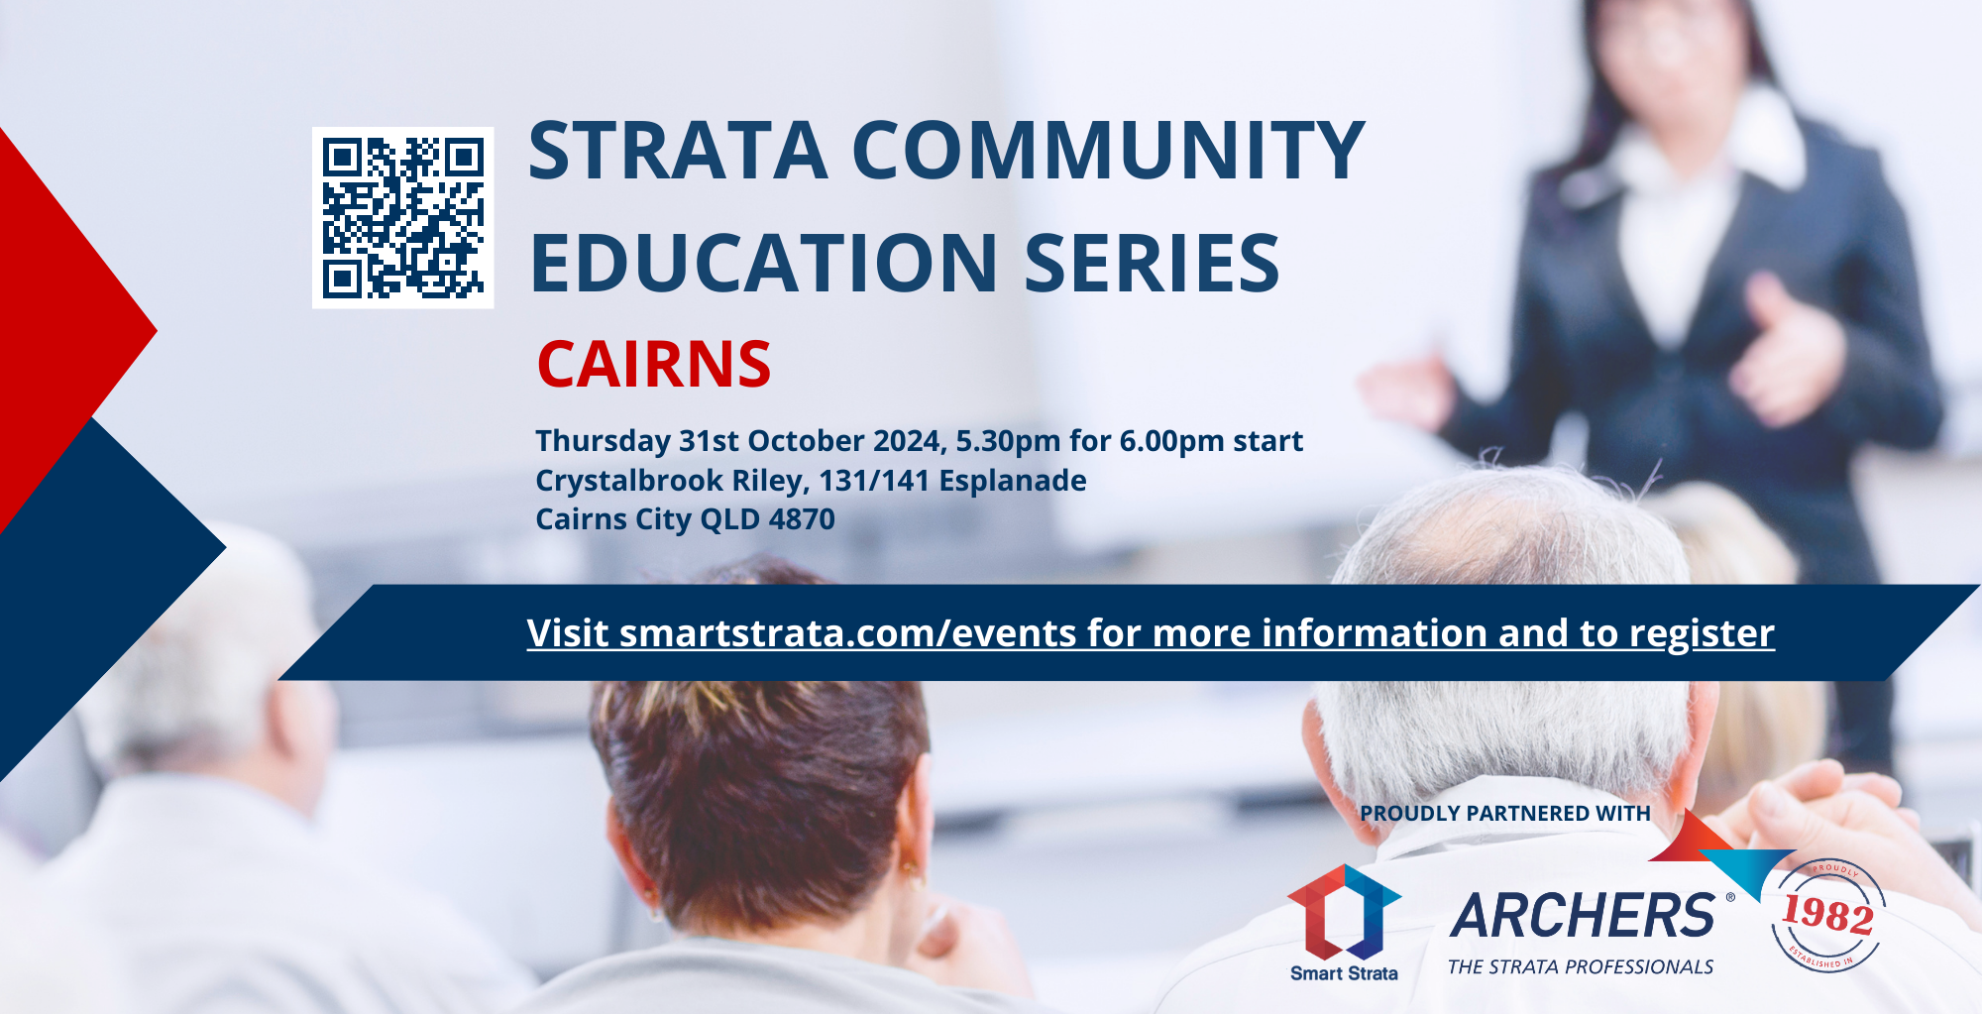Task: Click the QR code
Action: click(403, 217)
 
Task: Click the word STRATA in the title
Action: click(678, 151)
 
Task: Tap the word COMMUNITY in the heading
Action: click(1109, 151)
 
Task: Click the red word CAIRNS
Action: click(654, 365)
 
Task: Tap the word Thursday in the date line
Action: click(604, 441)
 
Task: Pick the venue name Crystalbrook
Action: click(629, 481)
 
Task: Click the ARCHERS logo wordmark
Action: click(1583, 915)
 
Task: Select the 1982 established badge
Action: click(1828, 915)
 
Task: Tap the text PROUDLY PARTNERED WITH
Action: click(1504, 814)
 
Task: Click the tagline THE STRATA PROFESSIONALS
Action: click(1581, 967)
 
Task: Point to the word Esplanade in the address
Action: click(1013, 481)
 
